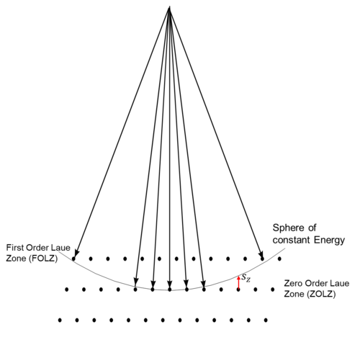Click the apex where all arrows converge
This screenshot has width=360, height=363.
pyautogui.click(x=170, y=7)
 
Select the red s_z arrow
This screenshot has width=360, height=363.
pyautogui.click(x=238, y=282)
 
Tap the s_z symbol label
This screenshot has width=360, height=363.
pyautogui.click(x=246, y=277)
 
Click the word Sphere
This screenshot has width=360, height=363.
pyautogui.click(x=288, y=228)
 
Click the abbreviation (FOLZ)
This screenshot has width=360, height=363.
pyautogui.click(x=43, y=259)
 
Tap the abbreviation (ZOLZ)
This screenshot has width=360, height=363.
pyautogui.click(x=322, y=294)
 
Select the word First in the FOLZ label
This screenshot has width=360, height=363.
pyautogui.click(x=15, y=248)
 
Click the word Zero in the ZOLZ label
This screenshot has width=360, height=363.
pyautogui.click(x=293, y=283)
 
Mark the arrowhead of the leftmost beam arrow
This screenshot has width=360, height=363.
pyautogui.click(x=76, y=254)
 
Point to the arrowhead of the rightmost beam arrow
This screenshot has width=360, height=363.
pyautogui.click(x=261, y=254)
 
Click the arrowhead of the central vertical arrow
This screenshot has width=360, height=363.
pyautogui.click(x=170, y=284)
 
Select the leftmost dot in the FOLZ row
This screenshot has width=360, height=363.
pyautogui.click(x=73, y=259)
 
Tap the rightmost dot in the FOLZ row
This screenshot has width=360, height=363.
pyautogui.click(x=279, y=259)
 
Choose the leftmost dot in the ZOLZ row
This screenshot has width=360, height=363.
pyautogui.click(x=67, y=290)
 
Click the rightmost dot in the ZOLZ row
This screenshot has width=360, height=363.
pyautogui.click(x=273, y=290)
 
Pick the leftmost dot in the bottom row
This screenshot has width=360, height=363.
pyautogui.click(x=60, y=320)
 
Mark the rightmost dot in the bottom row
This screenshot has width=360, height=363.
pyautogui.click(x=266, y=320)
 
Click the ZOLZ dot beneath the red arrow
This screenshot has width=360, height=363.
pyautogui.click(x=238, y=290)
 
